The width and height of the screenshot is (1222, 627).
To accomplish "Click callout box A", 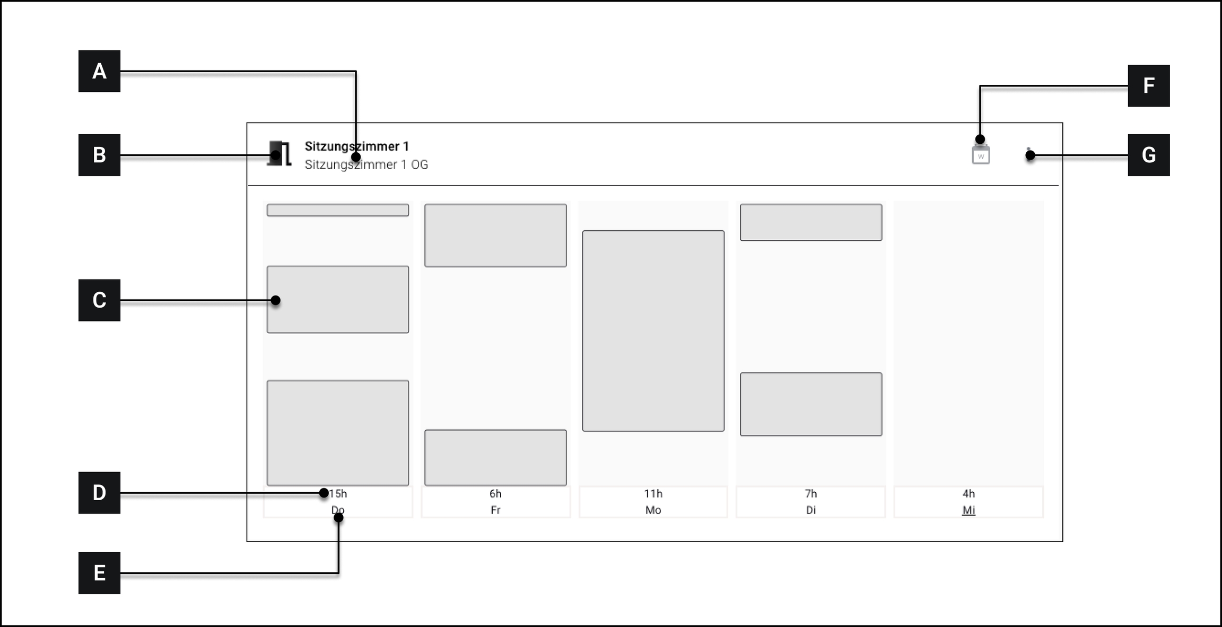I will coord(99,71).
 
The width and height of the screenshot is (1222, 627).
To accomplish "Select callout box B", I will coord(99,155).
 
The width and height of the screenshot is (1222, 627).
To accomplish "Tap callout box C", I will coord(99,300).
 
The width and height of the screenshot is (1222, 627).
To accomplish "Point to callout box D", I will coord(99,492).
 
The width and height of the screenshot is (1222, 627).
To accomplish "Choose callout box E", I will coord(99,573).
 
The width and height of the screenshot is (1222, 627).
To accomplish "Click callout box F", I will coord(1148,85).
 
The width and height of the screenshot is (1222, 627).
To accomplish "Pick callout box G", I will coord(1148,155).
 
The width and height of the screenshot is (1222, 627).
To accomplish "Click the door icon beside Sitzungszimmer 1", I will coord(280,154).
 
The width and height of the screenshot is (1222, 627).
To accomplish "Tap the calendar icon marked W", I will coord(981,155).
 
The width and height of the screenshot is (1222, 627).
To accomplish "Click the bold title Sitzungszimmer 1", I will coord(356,146).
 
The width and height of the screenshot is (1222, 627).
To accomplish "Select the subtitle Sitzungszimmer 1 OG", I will coord(366,164).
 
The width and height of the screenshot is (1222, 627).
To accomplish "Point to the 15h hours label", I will coord(338,494).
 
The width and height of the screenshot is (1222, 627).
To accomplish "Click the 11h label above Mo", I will coord(653,494).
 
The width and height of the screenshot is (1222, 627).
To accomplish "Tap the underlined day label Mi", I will coord(968,510).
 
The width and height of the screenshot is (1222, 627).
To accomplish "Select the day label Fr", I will coord(495,510).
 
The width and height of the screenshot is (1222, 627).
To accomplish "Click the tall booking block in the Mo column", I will coord(653,330).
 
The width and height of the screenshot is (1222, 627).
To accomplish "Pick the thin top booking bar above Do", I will coord(338,210).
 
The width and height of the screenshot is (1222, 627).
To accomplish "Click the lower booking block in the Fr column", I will coord(495,457).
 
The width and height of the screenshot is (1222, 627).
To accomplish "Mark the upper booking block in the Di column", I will coord(811,222).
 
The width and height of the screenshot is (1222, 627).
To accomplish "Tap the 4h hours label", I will coord(968,494).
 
